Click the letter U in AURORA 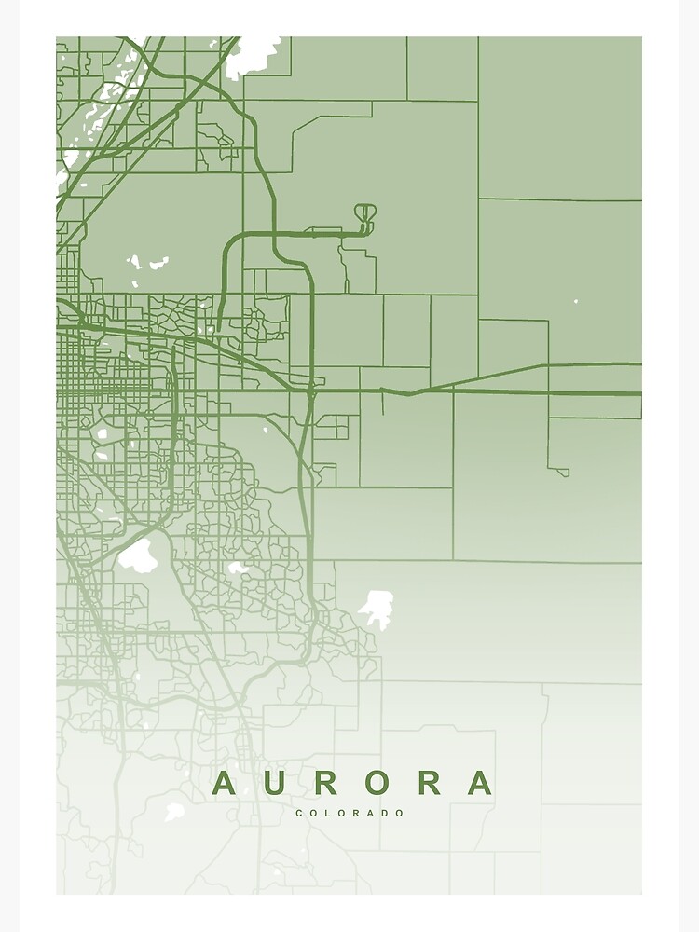[x=274, y=783]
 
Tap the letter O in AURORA [x=377, y=783]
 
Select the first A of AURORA [x=224, y=783]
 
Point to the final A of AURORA [x=479, y=783]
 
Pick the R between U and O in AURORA [x=325, y=783]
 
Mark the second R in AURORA [x=429, y=783]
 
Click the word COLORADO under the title [x=350, y=814]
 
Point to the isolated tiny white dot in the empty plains [x=576, y=301]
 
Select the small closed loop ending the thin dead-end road [x=563, y=473]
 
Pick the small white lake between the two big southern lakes [x=238, y=567]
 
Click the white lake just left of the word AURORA [x=174, y=812]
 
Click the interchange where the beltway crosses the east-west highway [x=309, y=392]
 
